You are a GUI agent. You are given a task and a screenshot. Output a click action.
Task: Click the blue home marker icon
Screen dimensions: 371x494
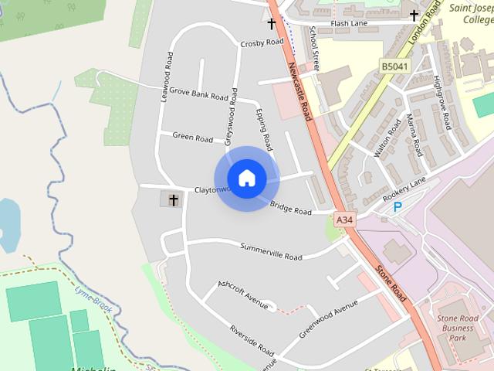[246, 178]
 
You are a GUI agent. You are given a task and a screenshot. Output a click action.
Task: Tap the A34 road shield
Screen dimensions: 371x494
[345, 220]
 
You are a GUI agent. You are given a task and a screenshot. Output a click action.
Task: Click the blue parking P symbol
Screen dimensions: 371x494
[398, 207]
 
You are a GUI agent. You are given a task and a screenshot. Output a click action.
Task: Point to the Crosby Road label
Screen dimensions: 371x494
[262, 43]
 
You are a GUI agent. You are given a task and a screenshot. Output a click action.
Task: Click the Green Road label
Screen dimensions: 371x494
[192, 138]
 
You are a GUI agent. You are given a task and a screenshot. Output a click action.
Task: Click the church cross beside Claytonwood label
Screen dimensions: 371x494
[173, 200]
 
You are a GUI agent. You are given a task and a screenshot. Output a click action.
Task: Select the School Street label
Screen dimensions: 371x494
[313, 46]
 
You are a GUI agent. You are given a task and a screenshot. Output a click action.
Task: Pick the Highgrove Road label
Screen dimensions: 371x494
[442, 100]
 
